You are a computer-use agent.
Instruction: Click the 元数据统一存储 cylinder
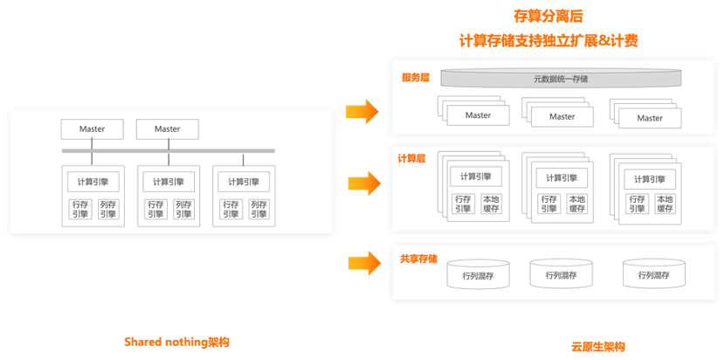tap(561, 79)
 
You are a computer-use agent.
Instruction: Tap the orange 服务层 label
tap(416, 78)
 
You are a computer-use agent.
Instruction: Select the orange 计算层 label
tap(411, 158)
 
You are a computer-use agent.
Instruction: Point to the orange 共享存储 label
tap(418, 260)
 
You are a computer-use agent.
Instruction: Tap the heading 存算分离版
tap(549, 17)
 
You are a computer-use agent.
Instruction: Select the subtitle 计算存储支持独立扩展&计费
tap(549, 40)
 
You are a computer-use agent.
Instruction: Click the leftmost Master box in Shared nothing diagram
tap(92, 129)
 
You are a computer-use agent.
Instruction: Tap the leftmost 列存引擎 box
tap(107, 209)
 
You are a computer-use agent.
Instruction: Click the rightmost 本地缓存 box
tap(665, 204)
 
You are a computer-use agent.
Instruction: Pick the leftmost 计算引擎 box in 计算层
tap(475, 177)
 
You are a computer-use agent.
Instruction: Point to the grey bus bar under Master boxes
tap(168, 150)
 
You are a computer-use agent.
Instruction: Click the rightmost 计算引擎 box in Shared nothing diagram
tap(243, 182)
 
